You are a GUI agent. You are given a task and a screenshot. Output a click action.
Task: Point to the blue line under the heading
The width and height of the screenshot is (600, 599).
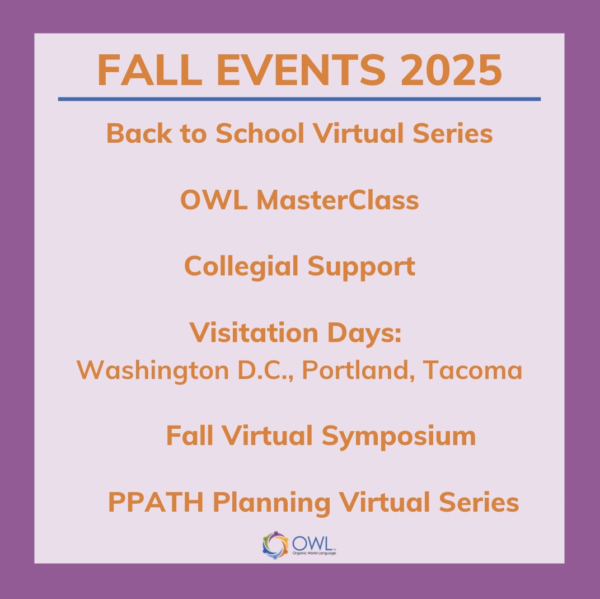(x=299, y=99)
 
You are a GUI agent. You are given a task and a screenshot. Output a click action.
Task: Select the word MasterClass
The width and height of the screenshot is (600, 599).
(x=337, y=200)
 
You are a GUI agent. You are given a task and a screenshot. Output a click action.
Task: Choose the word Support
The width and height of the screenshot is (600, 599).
(x=361, y=267)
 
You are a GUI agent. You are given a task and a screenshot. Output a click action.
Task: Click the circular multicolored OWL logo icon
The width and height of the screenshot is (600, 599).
(x=275, y=545)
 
